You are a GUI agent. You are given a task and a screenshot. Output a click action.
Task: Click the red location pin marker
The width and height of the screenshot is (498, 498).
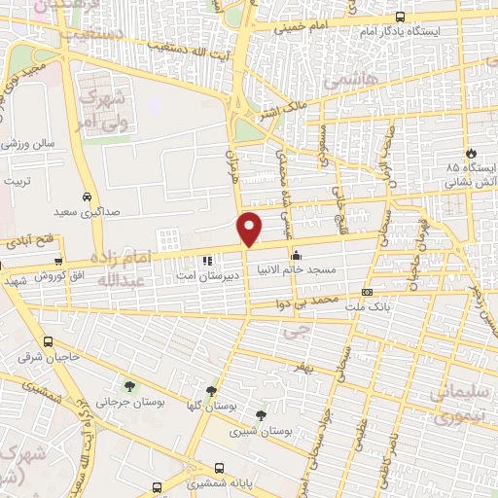click(251, 228)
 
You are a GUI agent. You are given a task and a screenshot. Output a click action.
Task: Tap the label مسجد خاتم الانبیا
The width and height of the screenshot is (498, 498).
click(298, 268)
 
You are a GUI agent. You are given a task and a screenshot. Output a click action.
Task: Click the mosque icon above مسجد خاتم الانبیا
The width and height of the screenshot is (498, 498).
click(296, 255)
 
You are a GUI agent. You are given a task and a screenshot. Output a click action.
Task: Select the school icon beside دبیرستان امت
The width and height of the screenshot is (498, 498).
click(206, 262)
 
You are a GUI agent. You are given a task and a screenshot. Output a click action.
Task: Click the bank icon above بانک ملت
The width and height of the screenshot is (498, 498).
click(367, 292)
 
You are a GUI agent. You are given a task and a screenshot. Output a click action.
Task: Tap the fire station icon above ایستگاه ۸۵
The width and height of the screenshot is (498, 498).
click(472, 153)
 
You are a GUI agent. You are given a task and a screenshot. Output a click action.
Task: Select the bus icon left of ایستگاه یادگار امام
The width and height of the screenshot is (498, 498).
click(401, 17)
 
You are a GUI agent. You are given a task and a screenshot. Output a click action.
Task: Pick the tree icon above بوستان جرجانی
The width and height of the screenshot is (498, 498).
click(129, 387)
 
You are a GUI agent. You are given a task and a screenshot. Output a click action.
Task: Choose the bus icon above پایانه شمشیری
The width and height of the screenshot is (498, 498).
click(219, 466)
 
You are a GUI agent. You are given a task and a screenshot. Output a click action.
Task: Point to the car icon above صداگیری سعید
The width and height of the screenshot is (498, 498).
click(88, 195)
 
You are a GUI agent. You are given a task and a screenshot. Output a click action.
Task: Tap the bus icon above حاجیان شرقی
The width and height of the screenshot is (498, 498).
click(49, 342)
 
